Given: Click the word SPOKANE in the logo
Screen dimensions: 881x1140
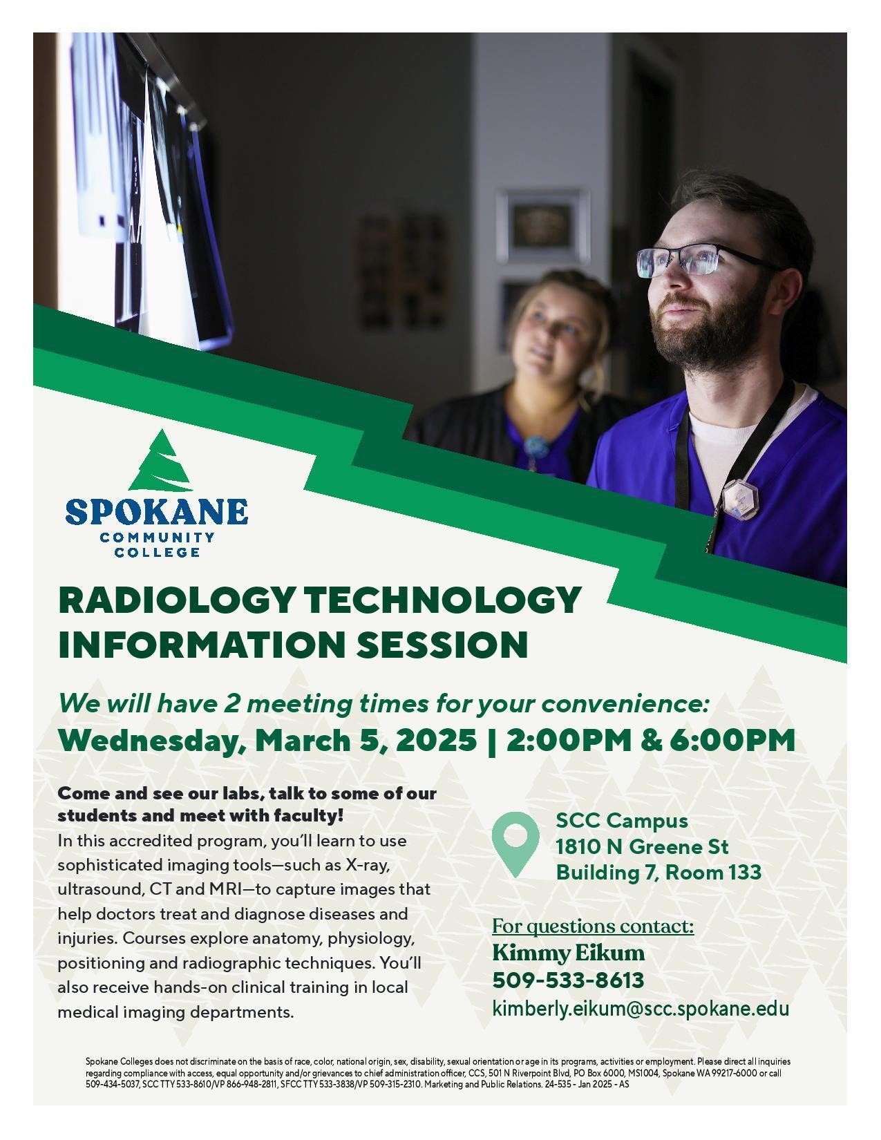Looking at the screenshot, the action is pyautogui.click(x=156, y=511).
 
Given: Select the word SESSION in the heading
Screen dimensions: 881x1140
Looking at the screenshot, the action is pyautogui.click(x=442, y=644).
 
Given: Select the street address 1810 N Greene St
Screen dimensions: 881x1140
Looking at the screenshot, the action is pyautogui.click(x=642, y=847).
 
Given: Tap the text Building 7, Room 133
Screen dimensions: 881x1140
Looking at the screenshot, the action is pyautogui.click(x=659, y=873).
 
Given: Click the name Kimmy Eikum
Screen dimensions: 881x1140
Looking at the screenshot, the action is pyautogui.click(x=568, y=953).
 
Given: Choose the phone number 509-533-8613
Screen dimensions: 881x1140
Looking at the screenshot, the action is pyautogui.click(x=568, y=980).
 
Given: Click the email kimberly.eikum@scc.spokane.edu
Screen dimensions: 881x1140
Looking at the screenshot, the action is pyautogui.click(x=640, y=1009).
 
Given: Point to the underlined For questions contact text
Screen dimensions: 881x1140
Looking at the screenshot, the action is pyautogui.click(x=593, y=926).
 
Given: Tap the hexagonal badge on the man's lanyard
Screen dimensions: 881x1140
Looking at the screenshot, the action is pyautogui.click(x=740, y=498).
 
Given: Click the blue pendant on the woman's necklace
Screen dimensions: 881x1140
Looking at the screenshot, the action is pyautogui.click(x=537, y=446).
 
